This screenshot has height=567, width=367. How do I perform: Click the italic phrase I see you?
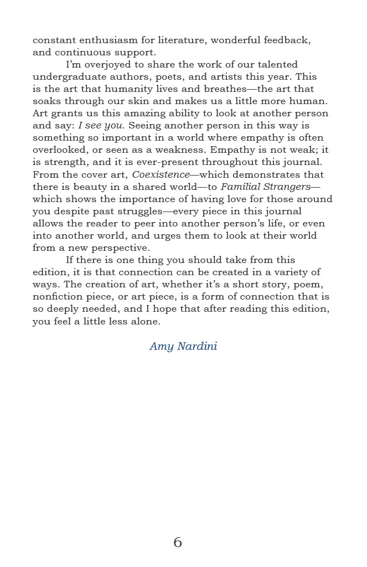[101, 126]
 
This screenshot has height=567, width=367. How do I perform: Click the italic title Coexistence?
[161, 174]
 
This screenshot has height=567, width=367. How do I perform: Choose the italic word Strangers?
[288, 187]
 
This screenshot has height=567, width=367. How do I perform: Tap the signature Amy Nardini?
[183, 347]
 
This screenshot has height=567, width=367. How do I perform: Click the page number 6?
[178, 542]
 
